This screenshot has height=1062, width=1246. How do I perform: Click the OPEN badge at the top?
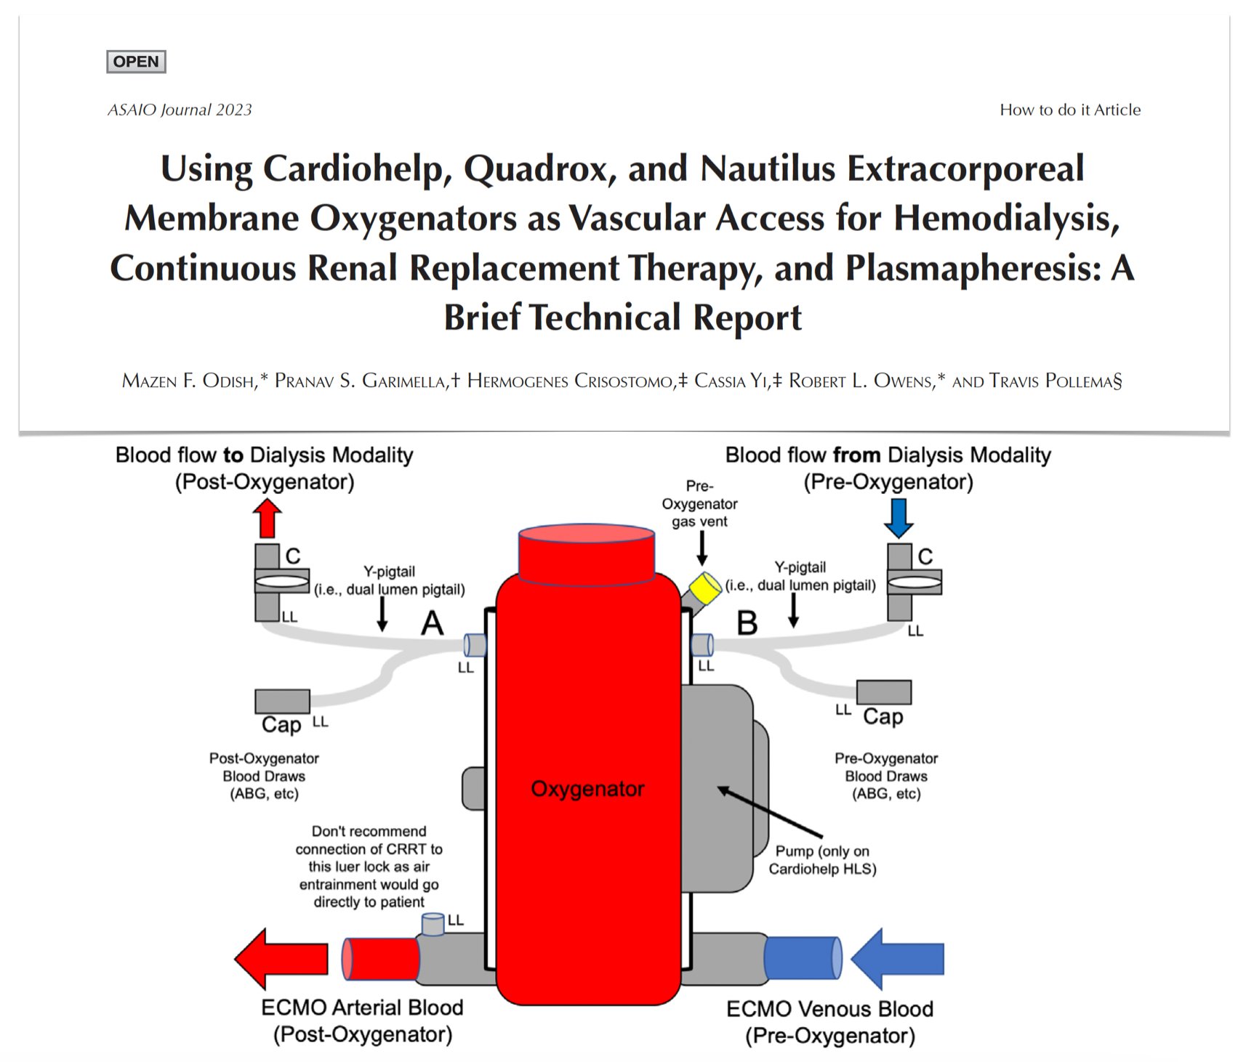pyautogui.click(x=136, y=62)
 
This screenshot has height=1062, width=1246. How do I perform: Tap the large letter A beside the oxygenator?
pyautogui.click(x=433, y=623)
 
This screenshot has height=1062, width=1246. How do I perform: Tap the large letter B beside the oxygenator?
pyautogui.click(x=747, y=623)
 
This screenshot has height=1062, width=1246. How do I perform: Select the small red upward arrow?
pyautogui.click(x=267, y=519)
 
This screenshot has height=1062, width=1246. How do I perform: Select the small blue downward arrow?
pyautogui.click(x=899, y=519)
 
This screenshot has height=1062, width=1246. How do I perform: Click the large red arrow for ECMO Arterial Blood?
pyautogui.click(x=281, y=959)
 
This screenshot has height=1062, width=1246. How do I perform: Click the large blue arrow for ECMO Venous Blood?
pyautogui.click(x=898, y=959)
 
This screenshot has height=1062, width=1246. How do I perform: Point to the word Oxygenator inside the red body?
pyautogui.click(x=587, y=789)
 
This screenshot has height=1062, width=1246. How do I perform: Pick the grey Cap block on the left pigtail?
pyautogui.click(x=282, y=701)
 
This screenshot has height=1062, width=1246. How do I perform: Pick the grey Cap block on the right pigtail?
pyautogui.click(x=883, y=692)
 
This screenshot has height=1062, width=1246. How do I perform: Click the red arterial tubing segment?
pyautogui.click(x=380, y=959)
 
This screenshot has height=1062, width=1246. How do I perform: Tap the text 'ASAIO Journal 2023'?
pyautogui.click(x=180, y=110)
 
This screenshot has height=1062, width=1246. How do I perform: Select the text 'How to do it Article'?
pyautogui.click(x=1070, y=110)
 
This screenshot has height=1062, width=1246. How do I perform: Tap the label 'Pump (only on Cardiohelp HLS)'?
pyautogui.click(x=822, y=860)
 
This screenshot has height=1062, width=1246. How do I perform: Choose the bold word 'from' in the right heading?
pyautogui.click(x=856, y=455)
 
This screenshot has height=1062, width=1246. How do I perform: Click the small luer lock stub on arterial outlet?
pyautogui.click(x=433, y=924)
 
